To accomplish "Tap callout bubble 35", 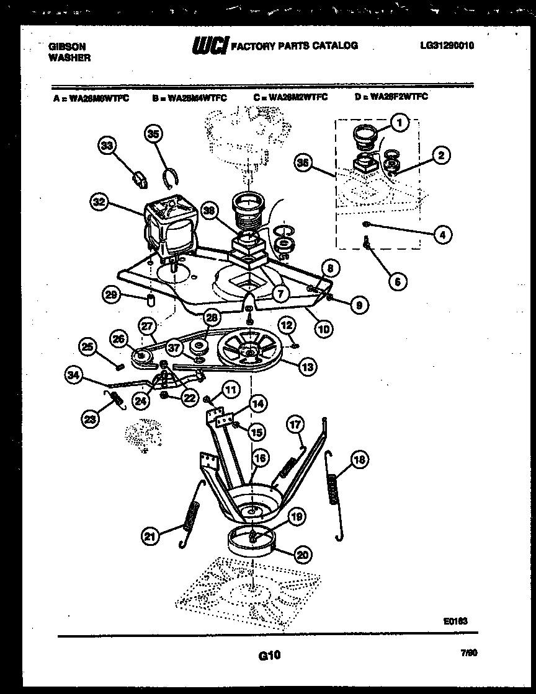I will tap(153, 133).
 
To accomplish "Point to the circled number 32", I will tap(99, 201).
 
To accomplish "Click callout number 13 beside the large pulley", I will tap(306, 367).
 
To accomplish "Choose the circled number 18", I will tap(359, 460).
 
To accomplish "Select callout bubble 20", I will tap(303, 555).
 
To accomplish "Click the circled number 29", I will tap(111, 296).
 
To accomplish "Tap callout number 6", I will tap(397, 282).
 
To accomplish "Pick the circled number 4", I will tap(441, 234).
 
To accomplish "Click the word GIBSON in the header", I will tap(67, 46).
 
